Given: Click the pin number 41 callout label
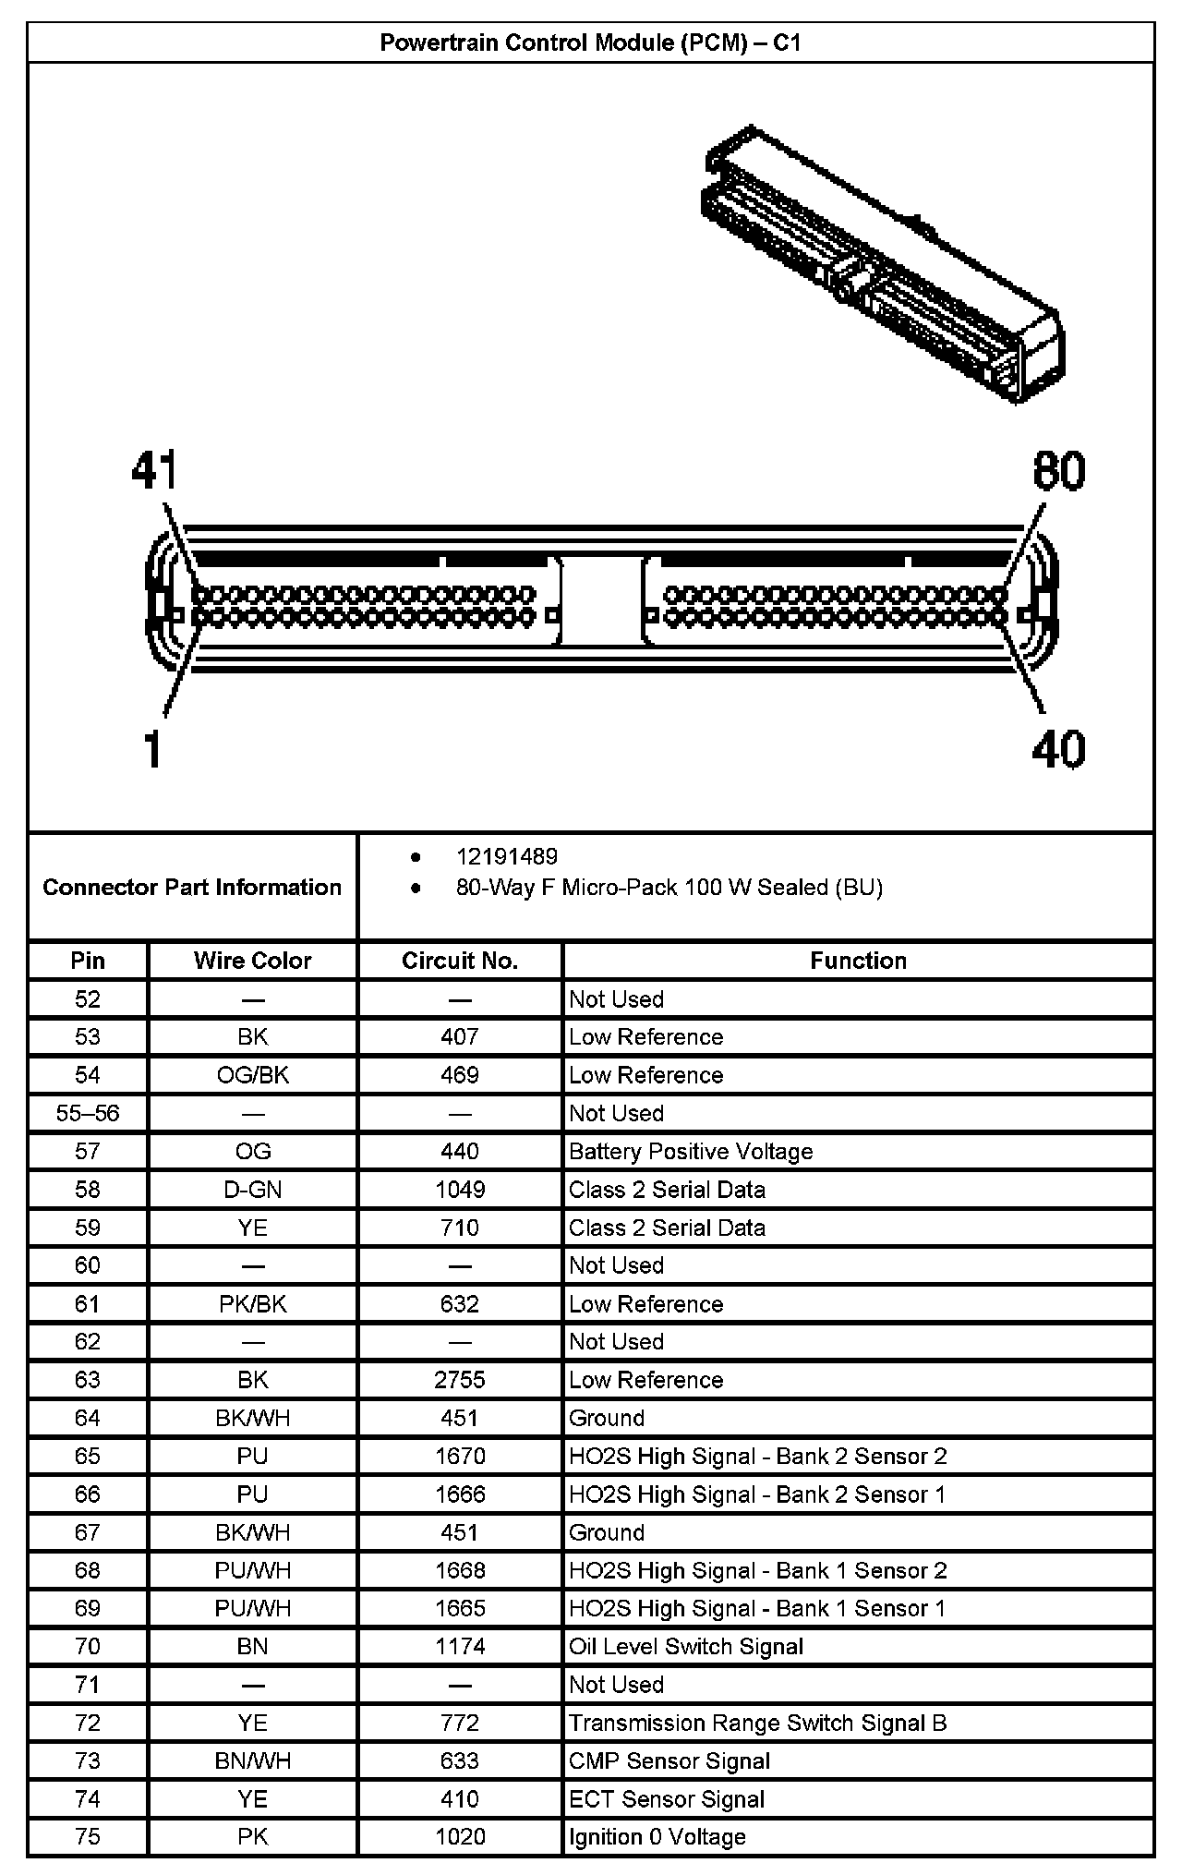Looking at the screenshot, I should click(x=153, y=471).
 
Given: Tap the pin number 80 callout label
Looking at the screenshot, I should click(x=1058, y=471).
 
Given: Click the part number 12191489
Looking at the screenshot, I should click(x=507, y=857).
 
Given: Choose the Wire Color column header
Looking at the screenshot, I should click(x=252, y=961).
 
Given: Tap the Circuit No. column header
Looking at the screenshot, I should click(x=460, y=961).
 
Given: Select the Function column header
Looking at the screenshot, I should click(x=858, y=961).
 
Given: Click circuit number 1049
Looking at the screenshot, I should click(x=460, y=1190).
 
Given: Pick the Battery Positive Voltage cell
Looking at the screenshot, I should click(x=691, y=1152).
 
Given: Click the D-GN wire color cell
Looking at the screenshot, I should click(x=252, y=1190).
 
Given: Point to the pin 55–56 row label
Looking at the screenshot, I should click(x=88, y=1113).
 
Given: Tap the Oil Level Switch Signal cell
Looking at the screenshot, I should click(x=686, y=1647).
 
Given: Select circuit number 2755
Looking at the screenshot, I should click(x=460, y=1380).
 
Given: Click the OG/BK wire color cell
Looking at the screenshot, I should click(x=252, y=1075).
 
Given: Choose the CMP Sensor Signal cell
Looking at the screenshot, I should click(x=669, y=1761).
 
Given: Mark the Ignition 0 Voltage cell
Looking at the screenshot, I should click(x=657, y=1837).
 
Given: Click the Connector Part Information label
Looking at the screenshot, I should click(x=192, y=888).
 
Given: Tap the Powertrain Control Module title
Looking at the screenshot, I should click(x=590, y=43).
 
